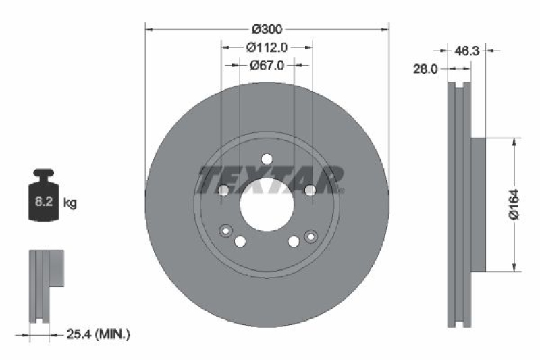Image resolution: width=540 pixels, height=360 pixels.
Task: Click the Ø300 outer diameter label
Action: coord(267,29)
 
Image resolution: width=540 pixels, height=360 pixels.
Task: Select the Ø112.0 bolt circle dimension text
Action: coord(267,47)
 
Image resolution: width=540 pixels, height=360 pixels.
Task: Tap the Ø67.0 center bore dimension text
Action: coord(267,66)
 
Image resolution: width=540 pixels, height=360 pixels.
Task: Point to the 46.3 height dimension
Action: coord(467,50)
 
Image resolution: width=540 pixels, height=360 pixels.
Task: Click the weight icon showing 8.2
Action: coord(42,197)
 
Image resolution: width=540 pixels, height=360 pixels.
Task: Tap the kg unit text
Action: coord(70,202)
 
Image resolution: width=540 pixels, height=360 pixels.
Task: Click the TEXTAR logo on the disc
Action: coord(270,178)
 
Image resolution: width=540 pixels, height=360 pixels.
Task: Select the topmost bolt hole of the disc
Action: coord(267,159)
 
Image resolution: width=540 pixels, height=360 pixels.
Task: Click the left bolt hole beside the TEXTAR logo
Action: coord(223,191)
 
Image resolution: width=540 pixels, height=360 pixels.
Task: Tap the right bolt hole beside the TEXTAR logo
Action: coord(310,191)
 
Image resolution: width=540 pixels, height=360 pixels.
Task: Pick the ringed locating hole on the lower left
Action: coord(224,232)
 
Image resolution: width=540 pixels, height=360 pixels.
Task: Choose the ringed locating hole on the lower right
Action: coord(310,235)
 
